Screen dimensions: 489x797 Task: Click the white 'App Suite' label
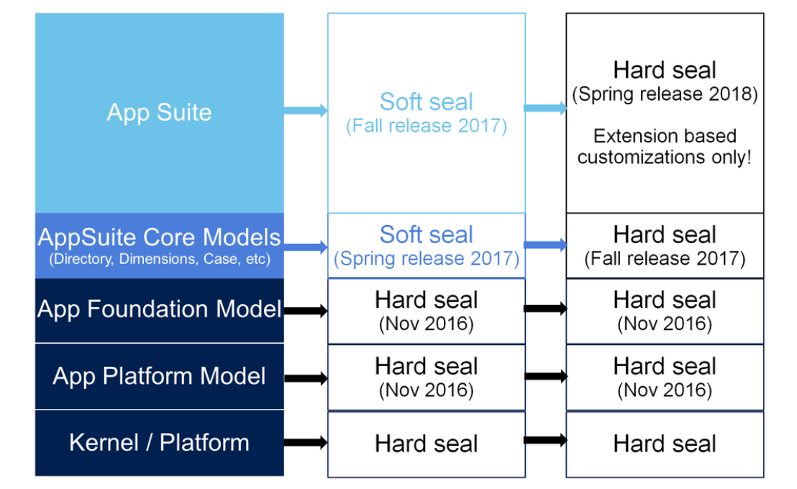coord(159,112)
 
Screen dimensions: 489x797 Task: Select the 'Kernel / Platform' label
coord(159,443)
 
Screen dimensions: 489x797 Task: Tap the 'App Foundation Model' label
coord(159,309)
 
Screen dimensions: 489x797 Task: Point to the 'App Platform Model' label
coord(159,376)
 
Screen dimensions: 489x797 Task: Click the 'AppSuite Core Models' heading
coord(159,237)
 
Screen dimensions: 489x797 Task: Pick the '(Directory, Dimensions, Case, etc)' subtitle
coord(159,260)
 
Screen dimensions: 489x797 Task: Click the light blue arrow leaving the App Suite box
coord(305,111)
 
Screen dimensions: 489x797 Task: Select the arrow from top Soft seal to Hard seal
coord(545,109)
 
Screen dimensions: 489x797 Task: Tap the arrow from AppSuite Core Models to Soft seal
coord(305,247)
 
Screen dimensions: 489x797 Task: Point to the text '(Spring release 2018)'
coord(665,95)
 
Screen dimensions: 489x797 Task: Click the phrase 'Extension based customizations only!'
coord(665,147)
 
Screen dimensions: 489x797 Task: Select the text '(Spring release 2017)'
coord(427,259)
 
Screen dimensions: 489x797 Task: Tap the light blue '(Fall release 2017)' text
coord(427,127)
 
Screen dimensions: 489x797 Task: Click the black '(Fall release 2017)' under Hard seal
coord(665,258)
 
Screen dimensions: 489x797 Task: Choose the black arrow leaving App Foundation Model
coord(305,311)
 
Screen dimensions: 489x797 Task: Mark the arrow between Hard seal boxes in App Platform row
coord(545,375)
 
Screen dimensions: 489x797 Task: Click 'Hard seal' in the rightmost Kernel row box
coord(665,444)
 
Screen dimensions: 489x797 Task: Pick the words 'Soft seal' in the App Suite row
coord(427,102)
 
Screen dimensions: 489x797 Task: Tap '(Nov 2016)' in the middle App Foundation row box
coord(427,324)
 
